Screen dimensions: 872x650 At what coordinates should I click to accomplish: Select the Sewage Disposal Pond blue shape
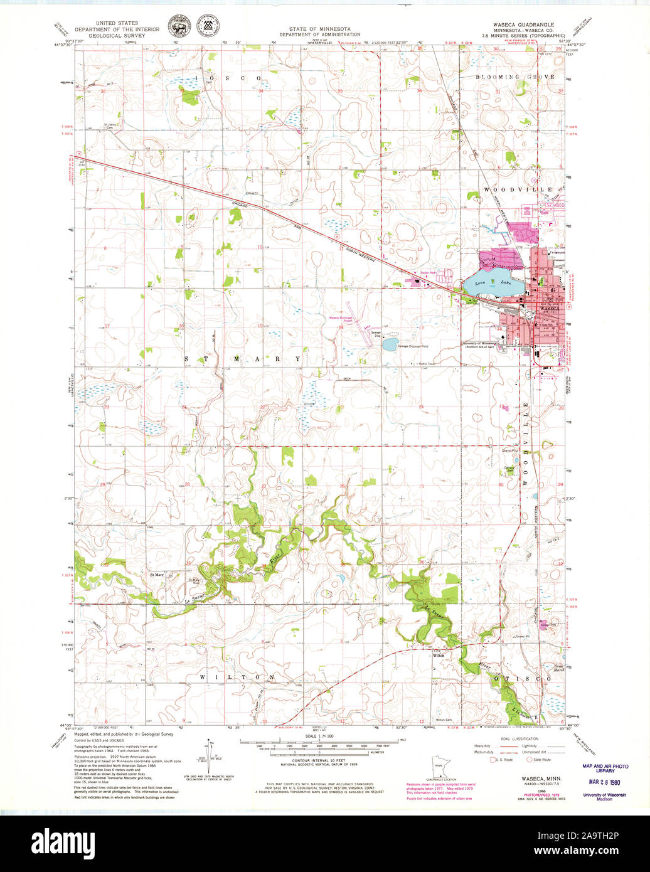click(390, 344)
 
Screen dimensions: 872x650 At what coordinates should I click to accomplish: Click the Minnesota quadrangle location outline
click(441, 767)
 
